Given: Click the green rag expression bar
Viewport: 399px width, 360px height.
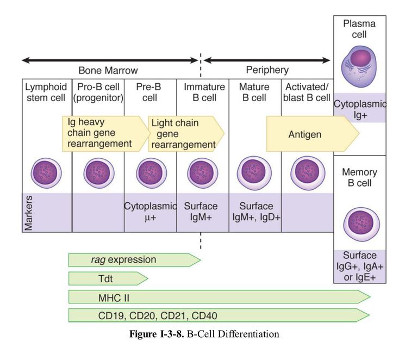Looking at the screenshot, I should coord(134,260).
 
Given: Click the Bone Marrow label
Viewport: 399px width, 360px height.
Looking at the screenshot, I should coord(108,70).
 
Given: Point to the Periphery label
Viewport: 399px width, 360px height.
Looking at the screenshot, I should coord(267,70).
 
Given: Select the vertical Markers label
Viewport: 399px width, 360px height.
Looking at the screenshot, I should coord(29,212).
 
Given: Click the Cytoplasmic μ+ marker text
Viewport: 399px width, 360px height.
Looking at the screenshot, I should coord(151,212).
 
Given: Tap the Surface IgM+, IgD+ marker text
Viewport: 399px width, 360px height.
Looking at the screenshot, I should coord(255,212).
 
